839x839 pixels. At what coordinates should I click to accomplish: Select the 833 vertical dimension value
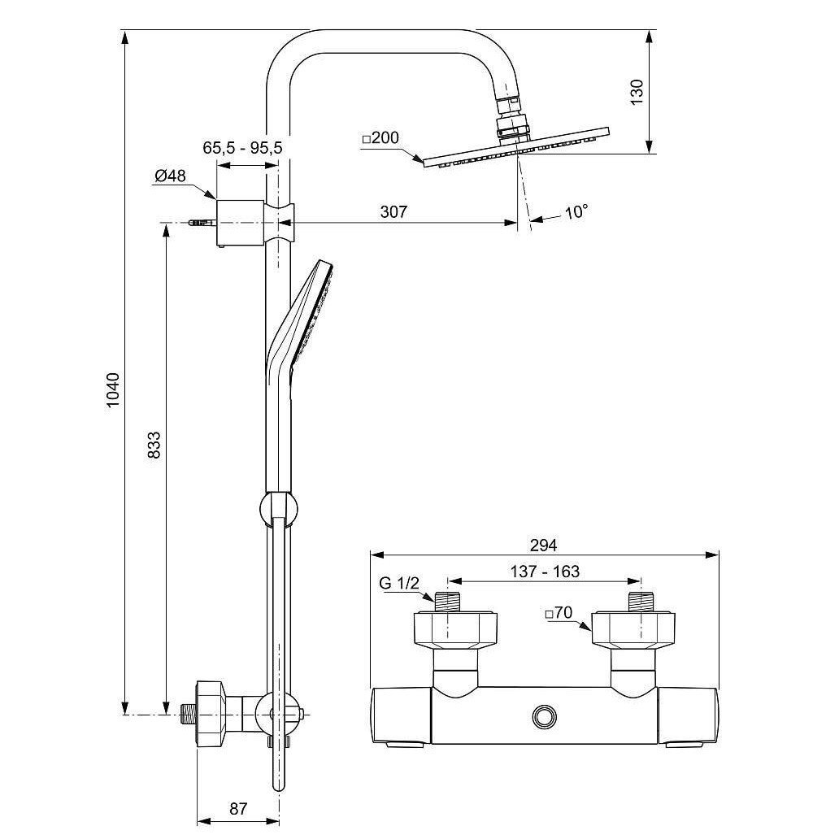coord(154,446)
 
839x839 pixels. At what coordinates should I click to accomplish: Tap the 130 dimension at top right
coord(637,91)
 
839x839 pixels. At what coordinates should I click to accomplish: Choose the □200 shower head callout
coord(380,138)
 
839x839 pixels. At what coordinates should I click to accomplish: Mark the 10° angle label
coord(576,212)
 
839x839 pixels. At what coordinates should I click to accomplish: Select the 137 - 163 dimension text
coord(546,572)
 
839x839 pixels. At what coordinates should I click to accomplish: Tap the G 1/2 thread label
coord(398,584)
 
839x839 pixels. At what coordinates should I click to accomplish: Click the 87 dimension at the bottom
coord(237,808)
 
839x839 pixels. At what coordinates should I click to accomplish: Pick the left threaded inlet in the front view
coord(446,602)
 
